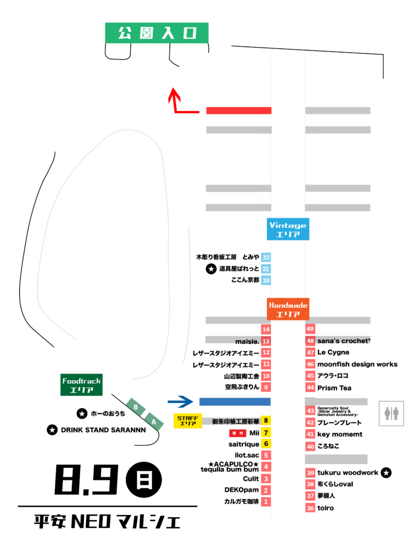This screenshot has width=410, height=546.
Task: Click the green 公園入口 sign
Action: tap(156, 33)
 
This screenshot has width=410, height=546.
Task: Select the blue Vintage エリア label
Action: tap(288, 229)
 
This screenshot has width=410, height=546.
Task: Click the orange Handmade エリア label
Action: tap(288, 309)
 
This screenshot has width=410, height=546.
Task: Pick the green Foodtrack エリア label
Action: tap(82, 385)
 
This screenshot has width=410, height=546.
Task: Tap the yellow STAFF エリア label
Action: tap(187, 420)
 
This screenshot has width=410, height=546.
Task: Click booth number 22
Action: tap(266, 258)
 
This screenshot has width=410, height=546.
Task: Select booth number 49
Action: tap(310, 328)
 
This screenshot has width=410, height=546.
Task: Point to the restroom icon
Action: tap(391, 413)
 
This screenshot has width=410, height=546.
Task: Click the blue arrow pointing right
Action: tap(180, 402)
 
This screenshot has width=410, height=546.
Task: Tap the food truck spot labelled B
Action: tap(136, 407)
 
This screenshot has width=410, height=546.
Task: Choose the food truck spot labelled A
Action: tap(154, 422)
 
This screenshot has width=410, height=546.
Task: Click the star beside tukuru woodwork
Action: tap(386, 472)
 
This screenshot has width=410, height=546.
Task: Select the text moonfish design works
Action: tap(357, 364)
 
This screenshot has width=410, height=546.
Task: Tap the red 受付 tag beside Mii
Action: tap(238, 433)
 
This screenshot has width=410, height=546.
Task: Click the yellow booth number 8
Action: tap(266, 421)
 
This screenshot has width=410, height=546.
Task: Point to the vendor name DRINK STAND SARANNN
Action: tap(103, 430)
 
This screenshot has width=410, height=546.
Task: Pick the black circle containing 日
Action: tap(144, 479)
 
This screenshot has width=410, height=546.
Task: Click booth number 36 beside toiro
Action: tap(310, 508)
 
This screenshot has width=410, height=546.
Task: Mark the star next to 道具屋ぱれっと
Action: tap(211, 269)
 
